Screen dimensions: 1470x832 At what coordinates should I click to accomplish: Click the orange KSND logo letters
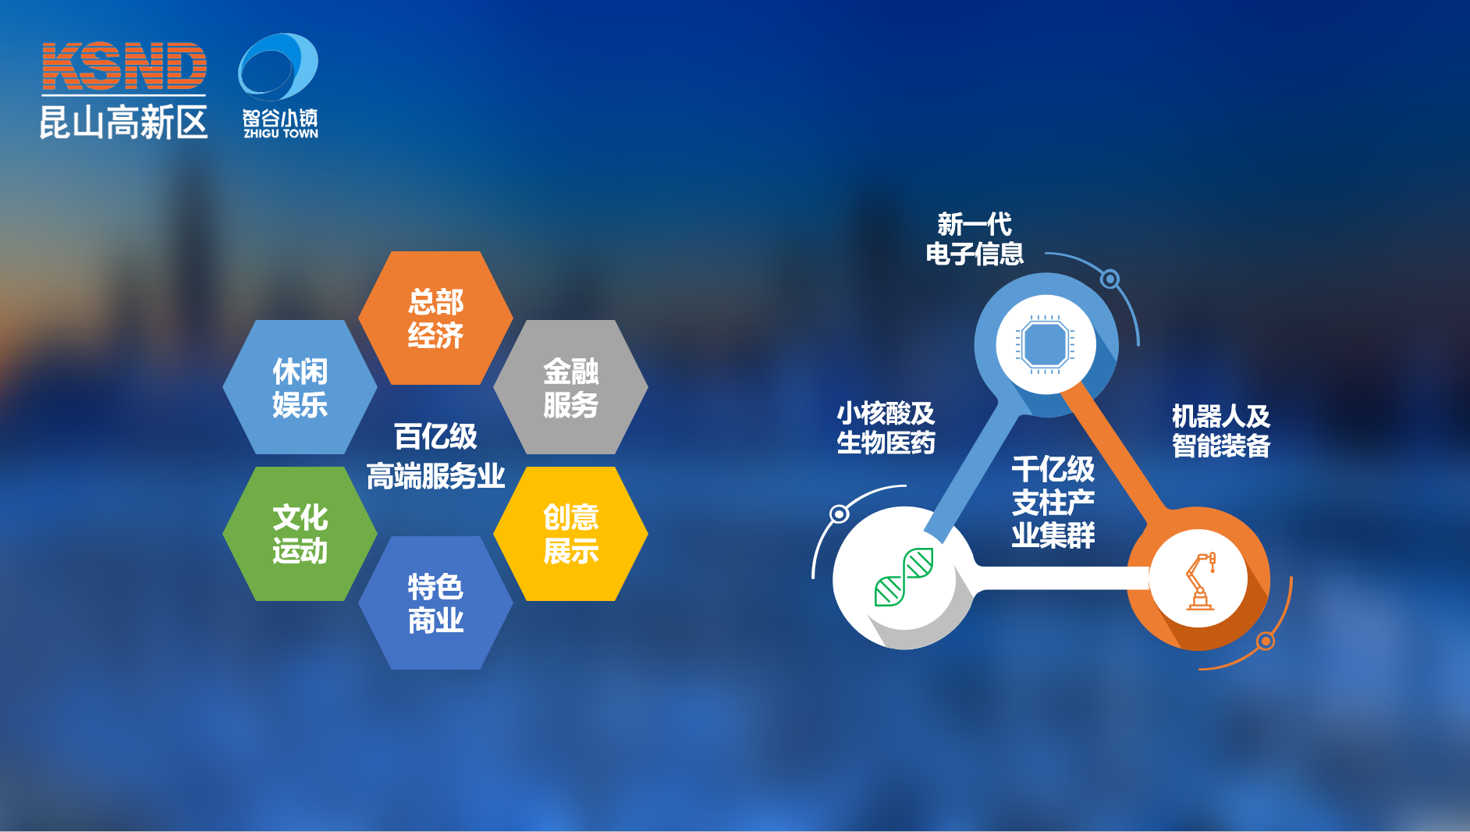coord(124,66)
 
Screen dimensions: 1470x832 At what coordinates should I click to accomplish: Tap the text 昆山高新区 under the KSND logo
coord(124,123)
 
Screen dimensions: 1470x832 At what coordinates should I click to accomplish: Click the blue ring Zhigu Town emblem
coord(278,67)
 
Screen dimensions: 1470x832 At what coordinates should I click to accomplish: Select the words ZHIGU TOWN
coord(281,133)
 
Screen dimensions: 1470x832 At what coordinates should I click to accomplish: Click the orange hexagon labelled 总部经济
coord(435,318)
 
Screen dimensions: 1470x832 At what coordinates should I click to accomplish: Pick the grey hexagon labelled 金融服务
coord(571,387)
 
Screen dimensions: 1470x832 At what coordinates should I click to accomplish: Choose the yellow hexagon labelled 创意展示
coord(571,534)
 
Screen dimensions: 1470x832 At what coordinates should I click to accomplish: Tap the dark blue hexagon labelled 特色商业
coord(435,603)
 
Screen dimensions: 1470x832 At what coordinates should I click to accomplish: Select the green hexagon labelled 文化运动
coord(300,534)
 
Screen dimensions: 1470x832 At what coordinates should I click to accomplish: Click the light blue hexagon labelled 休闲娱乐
coord(300,387)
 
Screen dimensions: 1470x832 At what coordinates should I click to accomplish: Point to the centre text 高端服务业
coord(435,476)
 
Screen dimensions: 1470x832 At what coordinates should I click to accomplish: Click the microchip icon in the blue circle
coord(1046,344)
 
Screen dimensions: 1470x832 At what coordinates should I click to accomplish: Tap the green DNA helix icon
coord(904,577)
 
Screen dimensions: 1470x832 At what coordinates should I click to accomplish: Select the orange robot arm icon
coord(1200,580)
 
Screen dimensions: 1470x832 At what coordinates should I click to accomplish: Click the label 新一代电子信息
coord(975,239)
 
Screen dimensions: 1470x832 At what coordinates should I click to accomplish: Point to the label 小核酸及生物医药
coord(886,428)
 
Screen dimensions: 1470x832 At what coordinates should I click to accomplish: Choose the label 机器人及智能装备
coord(1221,431)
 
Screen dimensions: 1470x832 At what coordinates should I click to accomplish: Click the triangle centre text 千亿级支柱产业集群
coord(1053,502)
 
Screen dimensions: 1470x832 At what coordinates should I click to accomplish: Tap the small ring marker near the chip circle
coord(1110,279)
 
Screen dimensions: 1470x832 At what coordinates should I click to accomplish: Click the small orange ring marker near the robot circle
coord(1266,642)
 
